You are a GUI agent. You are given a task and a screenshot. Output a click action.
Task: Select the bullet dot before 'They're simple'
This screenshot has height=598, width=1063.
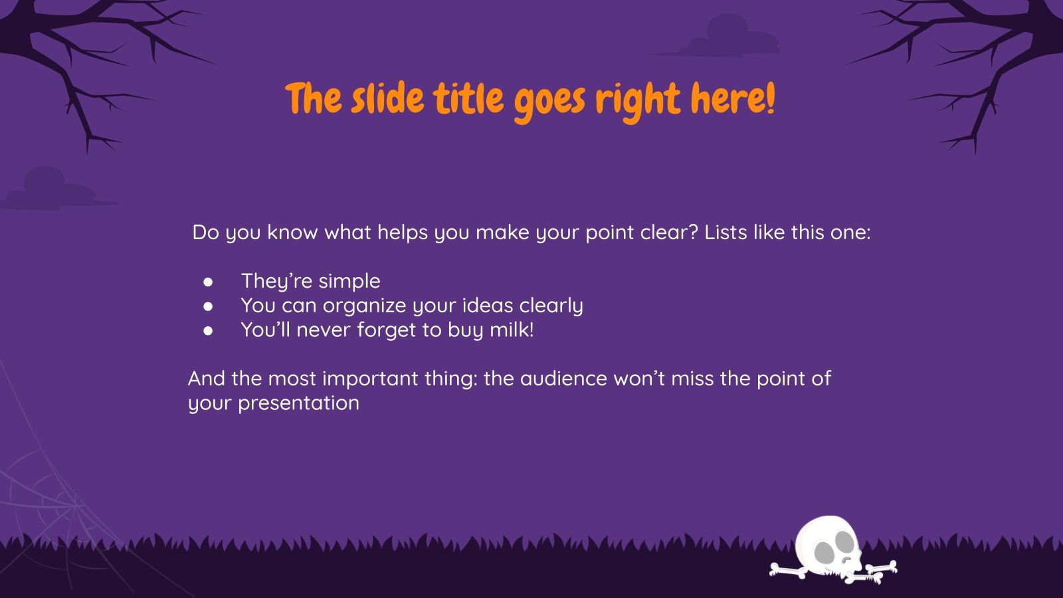coord(208,282)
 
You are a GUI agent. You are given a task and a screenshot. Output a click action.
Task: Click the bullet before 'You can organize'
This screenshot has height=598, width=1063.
coord(208,306)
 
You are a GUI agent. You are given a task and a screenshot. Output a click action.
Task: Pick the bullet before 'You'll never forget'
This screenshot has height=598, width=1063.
coord(208,330)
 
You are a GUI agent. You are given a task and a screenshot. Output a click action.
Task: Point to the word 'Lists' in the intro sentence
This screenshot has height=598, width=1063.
coord(725,233)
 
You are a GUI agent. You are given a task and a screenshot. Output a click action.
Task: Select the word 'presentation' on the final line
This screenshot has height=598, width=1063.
coord(298,403)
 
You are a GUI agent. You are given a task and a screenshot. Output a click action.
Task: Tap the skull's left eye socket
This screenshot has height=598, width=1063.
coord(823,551)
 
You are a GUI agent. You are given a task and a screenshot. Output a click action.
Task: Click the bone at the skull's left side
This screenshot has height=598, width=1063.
coord(788,570)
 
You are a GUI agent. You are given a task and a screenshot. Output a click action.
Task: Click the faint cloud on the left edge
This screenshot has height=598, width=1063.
coord(47,190)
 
